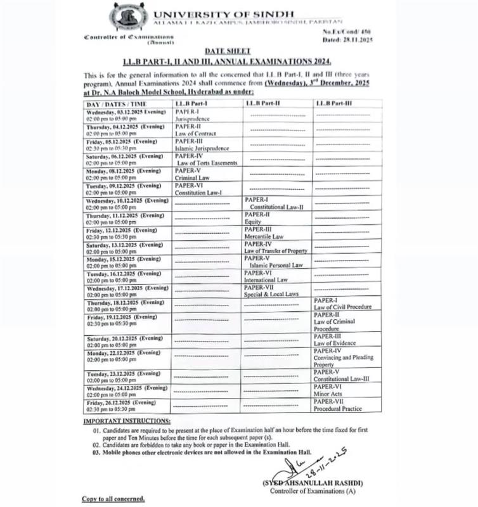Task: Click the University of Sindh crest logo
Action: [x=130, y=18]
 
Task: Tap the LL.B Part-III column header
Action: [x=333, y=103]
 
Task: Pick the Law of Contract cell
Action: [x=196, y=130]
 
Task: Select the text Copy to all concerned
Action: [x=113, y=499]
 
